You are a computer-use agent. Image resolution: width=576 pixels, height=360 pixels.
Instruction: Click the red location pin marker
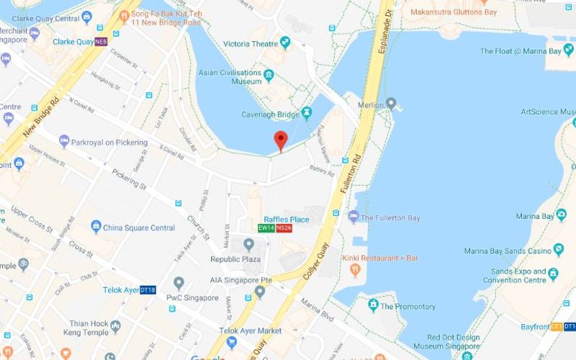281,140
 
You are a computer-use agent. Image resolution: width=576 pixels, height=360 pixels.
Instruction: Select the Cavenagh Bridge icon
307,112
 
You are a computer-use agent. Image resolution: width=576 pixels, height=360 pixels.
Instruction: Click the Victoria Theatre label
246,44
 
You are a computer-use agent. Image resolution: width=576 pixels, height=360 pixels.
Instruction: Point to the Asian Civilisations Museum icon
269,73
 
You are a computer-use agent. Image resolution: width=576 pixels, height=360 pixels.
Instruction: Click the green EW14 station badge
267,228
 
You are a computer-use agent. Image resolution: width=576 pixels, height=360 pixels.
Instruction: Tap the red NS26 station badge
284,228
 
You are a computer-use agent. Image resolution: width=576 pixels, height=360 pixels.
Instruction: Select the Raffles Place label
286,219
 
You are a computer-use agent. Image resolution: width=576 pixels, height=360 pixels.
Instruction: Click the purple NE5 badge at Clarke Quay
101,42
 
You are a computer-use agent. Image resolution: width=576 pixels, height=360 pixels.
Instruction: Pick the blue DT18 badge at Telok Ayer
148,289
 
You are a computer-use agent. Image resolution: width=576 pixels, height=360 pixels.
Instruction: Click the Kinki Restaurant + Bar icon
354,269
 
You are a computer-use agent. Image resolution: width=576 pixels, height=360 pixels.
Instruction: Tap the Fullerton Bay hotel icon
353,217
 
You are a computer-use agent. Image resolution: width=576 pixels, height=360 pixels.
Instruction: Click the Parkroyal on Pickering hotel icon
63,142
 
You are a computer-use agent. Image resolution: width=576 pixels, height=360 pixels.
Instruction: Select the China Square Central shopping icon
96,228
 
